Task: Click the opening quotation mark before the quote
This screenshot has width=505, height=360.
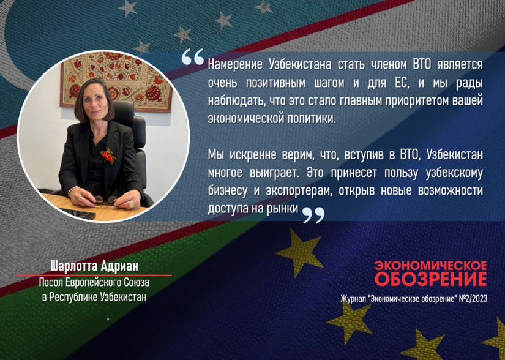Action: click(193, 56)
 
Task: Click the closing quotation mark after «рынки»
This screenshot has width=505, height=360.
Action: click(313, 214)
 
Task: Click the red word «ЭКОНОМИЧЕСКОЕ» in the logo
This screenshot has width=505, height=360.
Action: click(430, 266)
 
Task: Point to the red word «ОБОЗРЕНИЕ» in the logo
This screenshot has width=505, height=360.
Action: click(430, 280)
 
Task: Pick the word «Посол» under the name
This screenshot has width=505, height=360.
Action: click(50, 284)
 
